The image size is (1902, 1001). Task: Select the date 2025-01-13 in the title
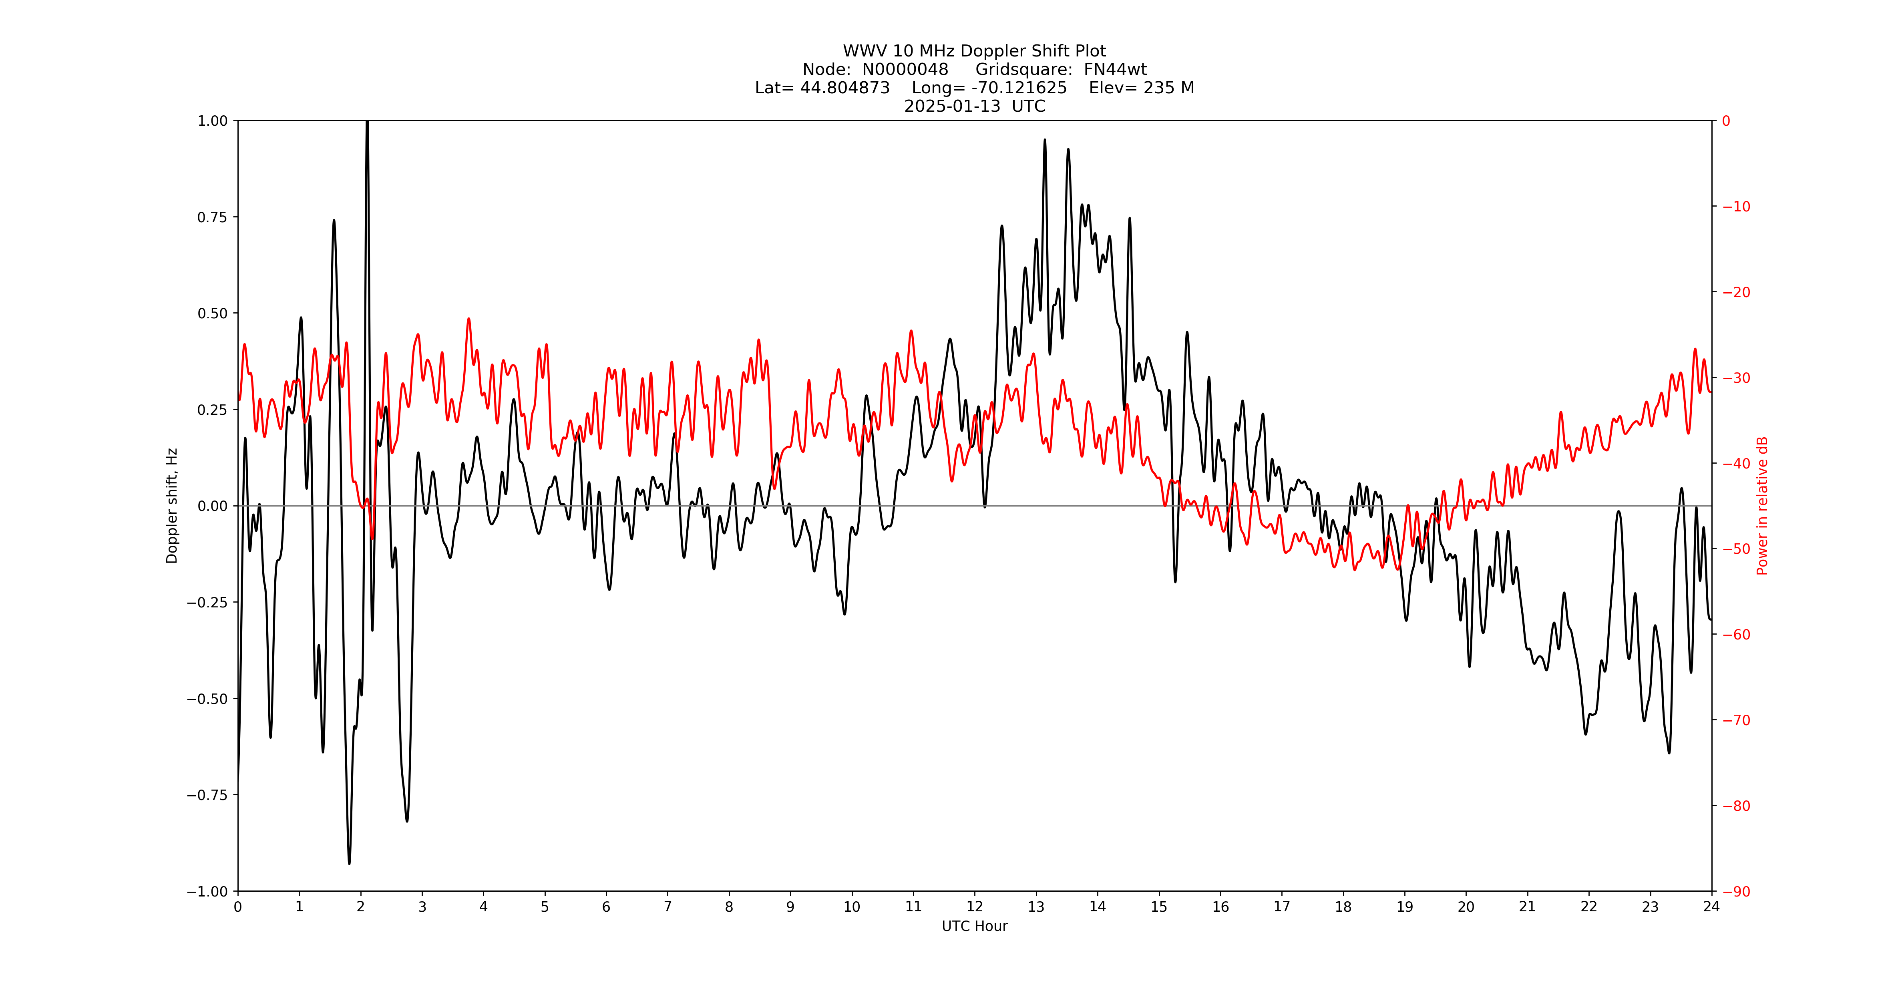[x=952, y=106]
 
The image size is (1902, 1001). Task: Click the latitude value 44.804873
[x=844, y=88]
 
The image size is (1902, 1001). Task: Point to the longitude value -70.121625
[x=1019, y=88]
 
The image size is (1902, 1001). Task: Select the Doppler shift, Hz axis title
[x=172, y=506]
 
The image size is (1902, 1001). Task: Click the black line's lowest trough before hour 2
[x=349, y=863]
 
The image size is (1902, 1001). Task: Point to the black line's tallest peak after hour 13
[x=1045, y=139]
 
